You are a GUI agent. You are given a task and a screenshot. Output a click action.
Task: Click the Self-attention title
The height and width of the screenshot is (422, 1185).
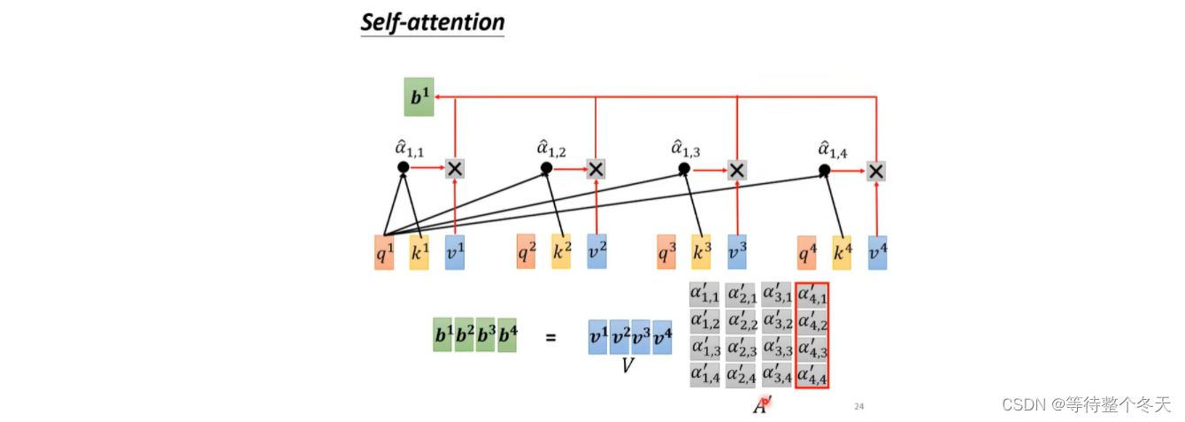coord(432,21)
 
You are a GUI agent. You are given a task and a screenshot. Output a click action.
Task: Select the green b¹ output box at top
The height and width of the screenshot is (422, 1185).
coord(419,96)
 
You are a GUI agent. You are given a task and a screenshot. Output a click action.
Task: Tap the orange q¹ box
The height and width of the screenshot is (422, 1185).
coord(383,252)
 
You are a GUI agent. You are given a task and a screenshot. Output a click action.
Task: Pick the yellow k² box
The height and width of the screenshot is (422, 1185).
coord(561,252)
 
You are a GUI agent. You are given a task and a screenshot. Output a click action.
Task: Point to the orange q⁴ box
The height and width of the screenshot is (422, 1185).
coord(806,252)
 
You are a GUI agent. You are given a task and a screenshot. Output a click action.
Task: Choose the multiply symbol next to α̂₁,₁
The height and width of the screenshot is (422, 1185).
coord(455,168)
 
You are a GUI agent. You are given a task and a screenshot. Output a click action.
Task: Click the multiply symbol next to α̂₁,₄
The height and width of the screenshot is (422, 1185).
coord(876,171)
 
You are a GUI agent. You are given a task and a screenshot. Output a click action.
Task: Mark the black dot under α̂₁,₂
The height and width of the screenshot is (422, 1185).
coord(546,167)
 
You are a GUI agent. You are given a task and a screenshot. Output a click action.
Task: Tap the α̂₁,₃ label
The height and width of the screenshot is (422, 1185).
coord(687,148)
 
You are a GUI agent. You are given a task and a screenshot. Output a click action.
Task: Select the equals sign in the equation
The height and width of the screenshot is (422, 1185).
coord(550,337)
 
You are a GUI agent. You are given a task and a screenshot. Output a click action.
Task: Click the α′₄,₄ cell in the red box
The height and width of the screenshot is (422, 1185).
coord(812,375)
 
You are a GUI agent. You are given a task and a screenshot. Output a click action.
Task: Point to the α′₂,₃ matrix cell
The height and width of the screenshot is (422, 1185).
coord(742,349)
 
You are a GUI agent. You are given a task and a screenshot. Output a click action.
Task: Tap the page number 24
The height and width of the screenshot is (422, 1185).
coord(858,406)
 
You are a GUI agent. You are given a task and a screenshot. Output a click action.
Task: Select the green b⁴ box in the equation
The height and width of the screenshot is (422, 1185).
coord(506,337)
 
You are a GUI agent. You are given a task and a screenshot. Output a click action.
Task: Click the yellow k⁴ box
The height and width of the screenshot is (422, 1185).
coord(842,252)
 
